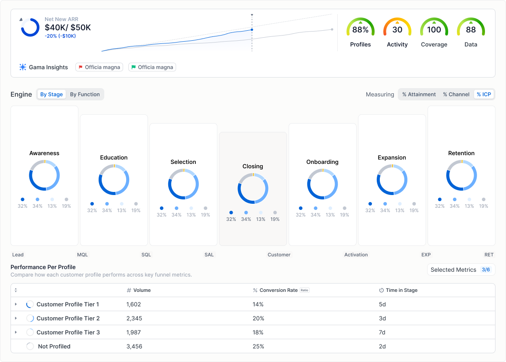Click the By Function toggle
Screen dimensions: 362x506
tap(85, 94)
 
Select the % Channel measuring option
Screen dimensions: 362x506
tap(456, 94)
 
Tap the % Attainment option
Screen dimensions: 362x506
tap(419, 94)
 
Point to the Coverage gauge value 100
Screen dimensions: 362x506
tap(434, 30)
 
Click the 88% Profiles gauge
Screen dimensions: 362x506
tap(361, 30)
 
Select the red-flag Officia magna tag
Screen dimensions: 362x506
tap(99, 67)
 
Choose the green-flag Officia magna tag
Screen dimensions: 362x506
tap(152, 67)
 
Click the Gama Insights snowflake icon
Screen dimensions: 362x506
tap(23, 67)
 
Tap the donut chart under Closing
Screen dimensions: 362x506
tap(253, 188)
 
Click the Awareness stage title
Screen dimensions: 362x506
tap(44, 153)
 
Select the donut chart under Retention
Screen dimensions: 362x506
tap(461, 175)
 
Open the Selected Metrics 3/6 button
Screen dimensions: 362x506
tap(461, 270)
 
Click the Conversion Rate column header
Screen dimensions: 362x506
tap(278, 290)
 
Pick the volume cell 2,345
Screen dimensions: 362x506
tap(134, 318)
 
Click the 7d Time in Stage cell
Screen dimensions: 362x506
tap(382, 332)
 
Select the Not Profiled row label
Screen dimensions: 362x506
tap(54, 346)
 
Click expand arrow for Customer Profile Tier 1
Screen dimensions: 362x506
tap(16, 304)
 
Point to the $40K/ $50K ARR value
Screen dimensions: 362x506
tap(68, 28)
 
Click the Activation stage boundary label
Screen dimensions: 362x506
tap(356, 255)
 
